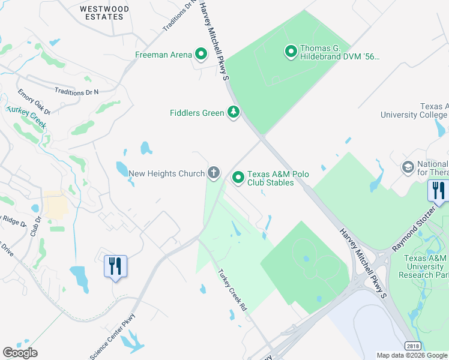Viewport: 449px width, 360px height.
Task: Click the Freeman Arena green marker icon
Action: pyautogui.click(x=202, y=55)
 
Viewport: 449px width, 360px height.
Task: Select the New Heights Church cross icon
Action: pyautogui.click(x=214, y=174)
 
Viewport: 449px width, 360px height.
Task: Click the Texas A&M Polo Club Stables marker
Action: pyautogui.click(x=238, y=178)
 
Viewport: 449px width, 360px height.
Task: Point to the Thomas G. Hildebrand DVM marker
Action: pyautogui.click(x=291, y=52)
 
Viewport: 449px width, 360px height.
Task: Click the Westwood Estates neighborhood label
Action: pyautogui.click(x=104, y=13)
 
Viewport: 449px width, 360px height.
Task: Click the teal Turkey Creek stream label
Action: pyautogui.click(x=26, y=115)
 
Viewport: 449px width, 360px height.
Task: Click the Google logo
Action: pyautogui.click(x=20, y=353)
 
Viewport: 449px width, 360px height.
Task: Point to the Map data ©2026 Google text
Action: pyautogui.click(x=412, y=355)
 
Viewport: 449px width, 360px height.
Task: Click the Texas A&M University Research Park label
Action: pyautogui.click(x=427, y=266)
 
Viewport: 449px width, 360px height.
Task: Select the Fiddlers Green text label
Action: pyautogui.click(x=196, y=113)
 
